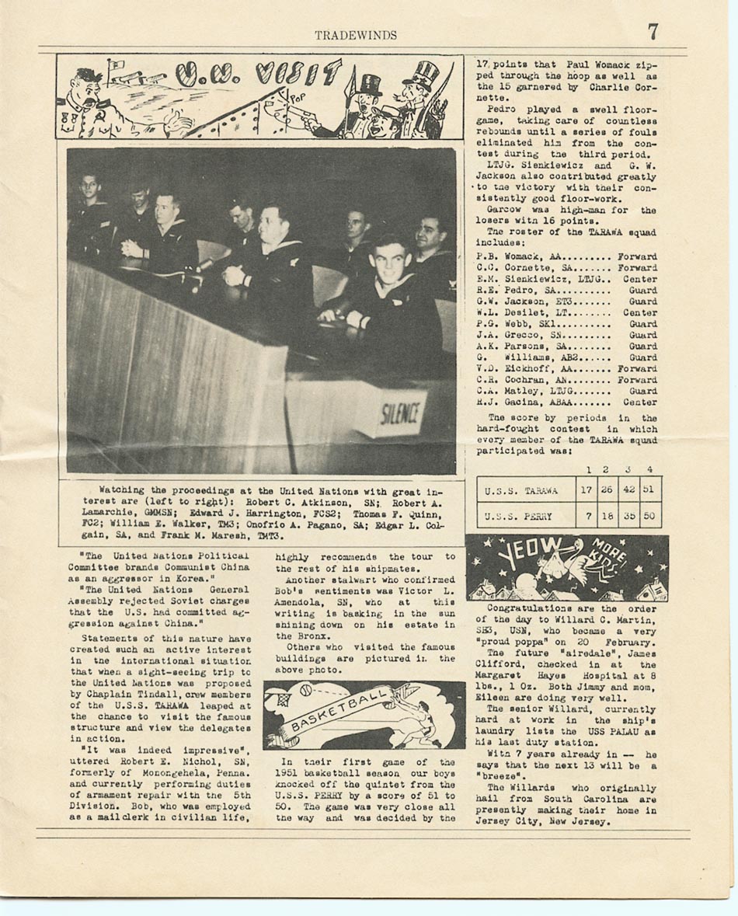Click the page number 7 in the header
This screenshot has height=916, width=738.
pyautogui.click(x=653, y=32)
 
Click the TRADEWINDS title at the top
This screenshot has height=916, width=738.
pyautogui.click(x=356, y=35)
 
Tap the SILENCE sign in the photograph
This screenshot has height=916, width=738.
pyautogui.click(x=402, y=412)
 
